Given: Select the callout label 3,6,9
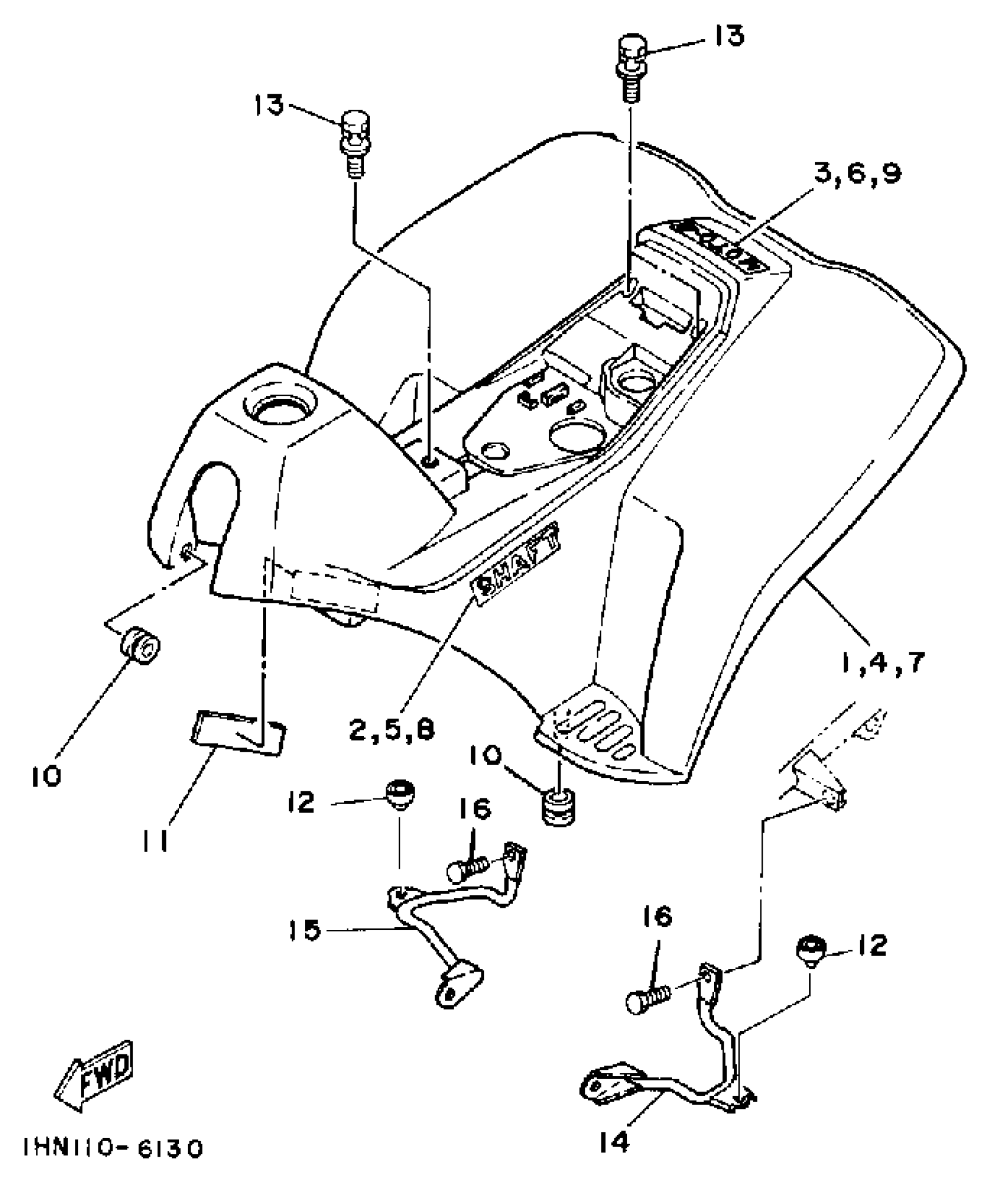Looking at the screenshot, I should coord(856,174).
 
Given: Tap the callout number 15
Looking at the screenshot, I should coord(304,929).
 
